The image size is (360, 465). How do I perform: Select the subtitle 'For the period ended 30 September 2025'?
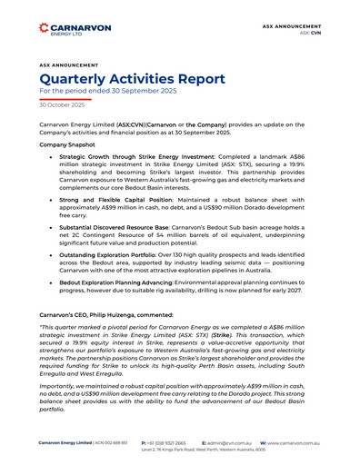108,92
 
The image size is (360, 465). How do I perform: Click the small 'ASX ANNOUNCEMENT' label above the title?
68,64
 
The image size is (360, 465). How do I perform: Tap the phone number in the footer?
166,441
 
